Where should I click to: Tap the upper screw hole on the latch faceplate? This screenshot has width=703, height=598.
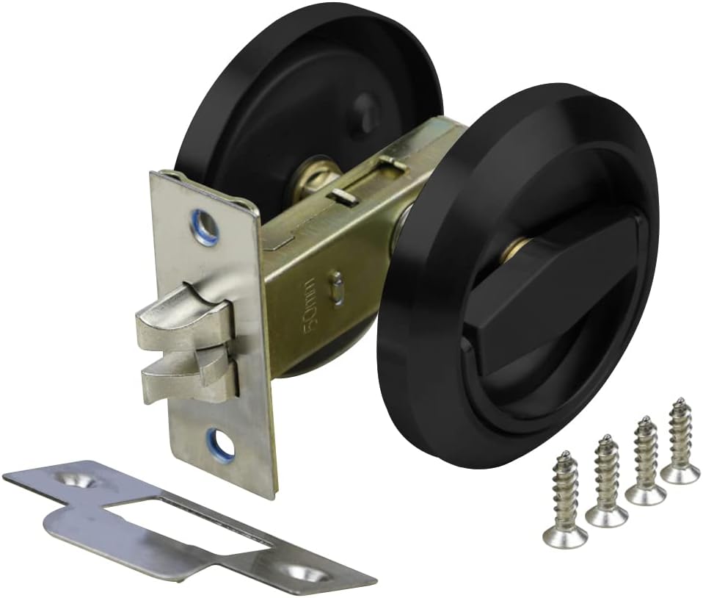(205, 221)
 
